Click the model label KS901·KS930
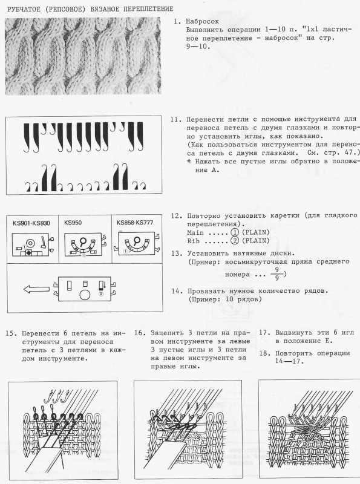(31, 223)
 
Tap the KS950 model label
(73, 223)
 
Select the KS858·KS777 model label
(135, 223)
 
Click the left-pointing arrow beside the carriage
(36, 289)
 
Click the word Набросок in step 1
(202, 21)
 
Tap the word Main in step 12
(195, 232)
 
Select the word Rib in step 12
(193, 241)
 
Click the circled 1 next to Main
(235, 232)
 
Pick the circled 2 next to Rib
(235, 240)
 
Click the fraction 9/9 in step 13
(277, 274)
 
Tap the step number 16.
(140, 333)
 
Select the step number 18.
(264, 353)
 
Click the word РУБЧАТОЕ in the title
(24, 9)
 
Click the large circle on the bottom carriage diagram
(85, 295)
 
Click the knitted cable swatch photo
(83, 56)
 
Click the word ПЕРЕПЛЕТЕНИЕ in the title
(148, 9)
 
